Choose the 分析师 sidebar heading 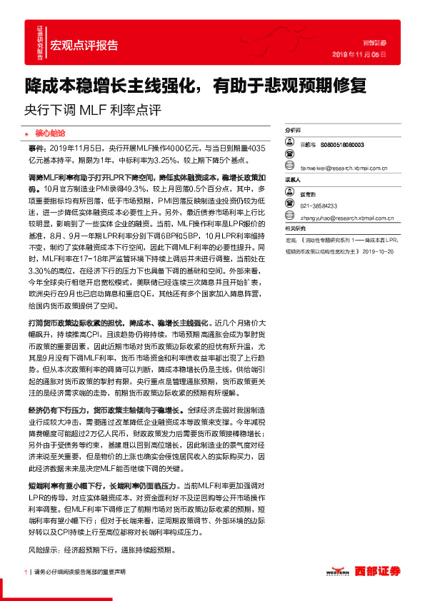pos(294,132)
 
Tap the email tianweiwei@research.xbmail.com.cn pos(342,169)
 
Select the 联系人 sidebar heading pos(294,181)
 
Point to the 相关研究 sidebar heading pos(296,228)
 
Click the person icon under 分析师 pos(289,144)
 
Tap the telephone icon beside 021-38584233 pos(289,206)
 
